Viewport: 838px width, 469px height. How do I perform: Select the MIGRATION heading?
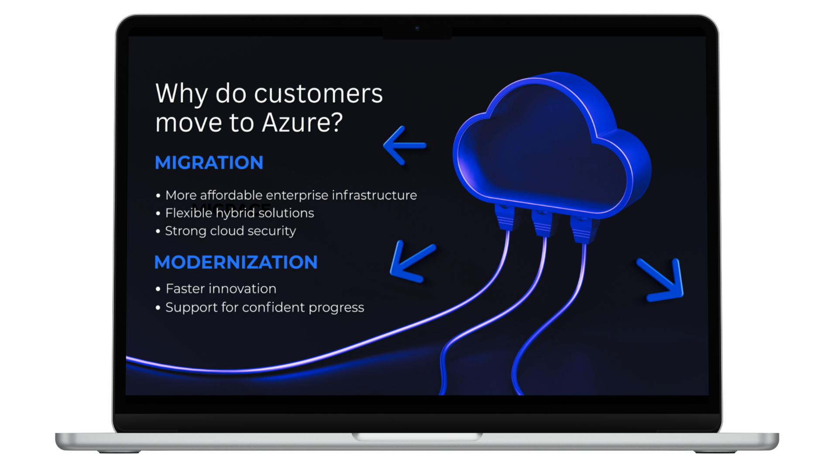[x=209, y=163]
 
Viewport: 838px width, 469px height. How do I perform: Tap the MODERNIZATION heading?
[x=236, y=262]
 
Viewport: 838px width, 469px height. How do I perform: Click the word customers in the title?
[x=318, y=93]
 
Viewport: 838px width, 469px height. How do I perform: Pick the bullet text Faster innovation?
[x=221, y=289]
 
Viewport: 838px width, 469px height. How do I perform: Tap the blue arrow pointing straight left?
[x=404, y=145]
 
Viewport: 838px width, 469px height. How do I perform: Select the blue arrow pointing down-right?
[x=661, y=280]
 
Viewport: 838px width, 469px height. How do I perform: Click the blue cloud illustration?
[x=552, y=144]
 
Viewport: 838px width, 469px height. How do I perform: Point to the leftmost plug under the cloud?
[x=505, y=217]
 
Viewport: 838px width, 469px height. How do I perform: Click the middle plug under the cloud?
[x=542, y=223]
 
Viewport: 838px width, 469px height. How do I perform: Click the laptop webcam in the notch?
[x=417, y=28]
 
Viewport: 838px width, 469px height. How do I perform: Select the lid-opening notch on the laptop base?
[x=417, y=437]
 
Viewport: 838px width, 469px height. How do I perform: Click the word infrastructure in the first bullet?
[x=374, y=195]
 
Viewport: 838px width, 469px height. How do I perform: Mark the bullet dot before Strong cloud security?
[x=158, y=231]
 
